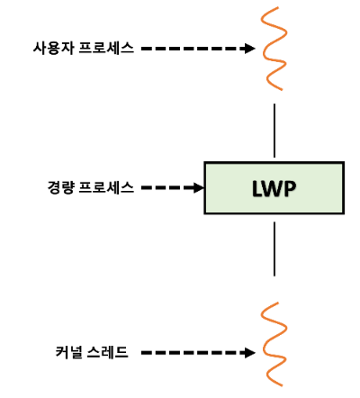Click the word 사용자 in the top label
pyautogui.click(x=51, y=48)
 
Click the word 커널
pyautogui.click(x=68, y=351)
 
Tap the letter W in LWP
pyautogui.click(x=271, y=188)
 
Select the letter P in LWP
pyautogui.click(x=290, y=188)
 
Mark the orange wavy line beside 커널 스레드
pyautogui.click(x=273, y=344)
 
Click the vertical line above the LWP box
pyautogui.click(x=273, y=131)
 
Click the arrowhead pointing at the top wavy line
pyautogui.click(x=252, y=48)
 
